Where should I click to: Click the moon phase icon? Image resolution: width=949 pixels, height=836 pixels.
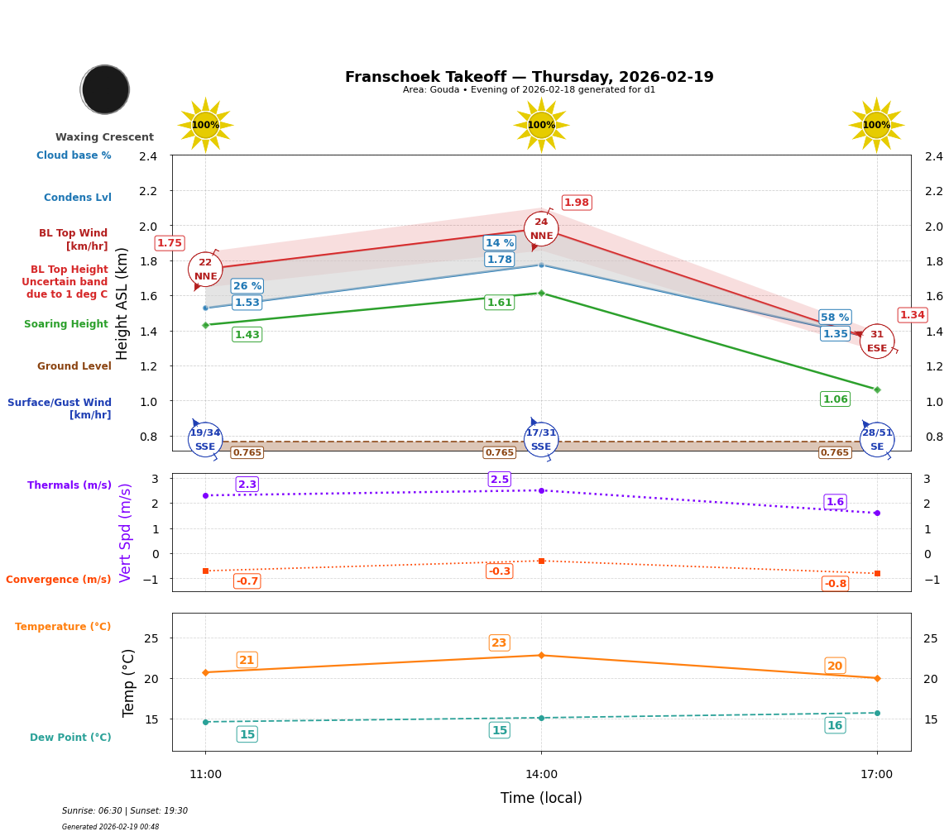[105, 89]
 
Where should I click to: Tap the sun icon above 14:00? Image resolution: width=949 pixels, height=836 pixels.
[541, 125]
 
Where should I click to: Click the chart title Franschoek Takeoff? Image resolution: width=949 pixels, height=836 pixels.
[529, 77]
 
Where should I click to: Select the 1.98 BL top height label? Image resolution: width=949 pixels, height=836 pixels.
[576, 203]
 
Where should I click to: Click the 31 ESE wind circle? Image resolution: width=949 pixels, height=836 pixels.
[876, 341]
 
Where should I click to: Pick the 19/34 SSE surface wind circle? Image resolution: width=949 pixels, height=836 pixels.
[205, 439]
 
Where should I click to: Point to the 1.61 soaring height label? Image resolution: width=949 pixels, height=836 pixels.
[499, 303]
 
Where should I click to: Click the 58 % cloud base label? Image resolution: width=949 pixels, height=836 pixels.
[835, 318]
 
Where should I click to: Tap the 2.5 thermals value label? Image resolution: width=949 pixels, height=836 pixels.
[500, 480]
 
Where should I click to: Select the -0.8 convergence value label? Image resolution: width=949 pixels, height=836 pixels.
[835, 584]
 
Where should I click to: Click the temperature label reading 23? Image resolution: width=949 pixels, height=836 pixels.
[499, 643]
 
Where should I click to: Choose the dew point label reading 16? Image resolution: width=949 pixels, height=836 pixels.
[835, 725]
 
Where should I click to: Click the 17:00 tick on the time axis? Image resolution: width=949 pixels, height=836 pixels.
[876, 775]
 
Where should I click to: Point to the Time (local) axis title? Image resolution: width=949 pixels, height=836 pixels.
[541, 798]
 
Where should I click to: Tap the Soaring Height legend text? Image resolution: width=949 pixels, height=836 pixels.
[66, 324]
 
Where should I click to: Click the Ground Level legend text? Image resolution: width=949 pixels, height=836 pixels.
[74, 366]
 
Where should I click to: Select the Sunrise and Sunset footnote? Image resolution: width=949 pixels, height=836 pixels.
[125, 811]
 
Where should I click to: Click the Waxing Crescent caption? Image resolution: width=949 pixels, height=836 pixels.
[104, 137]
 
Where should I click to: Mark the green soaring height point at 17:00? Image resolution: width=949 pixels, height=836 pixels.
[876, 389]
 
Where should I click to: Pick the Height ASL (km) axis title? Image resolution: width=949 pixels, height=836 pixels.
[122, 303]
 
